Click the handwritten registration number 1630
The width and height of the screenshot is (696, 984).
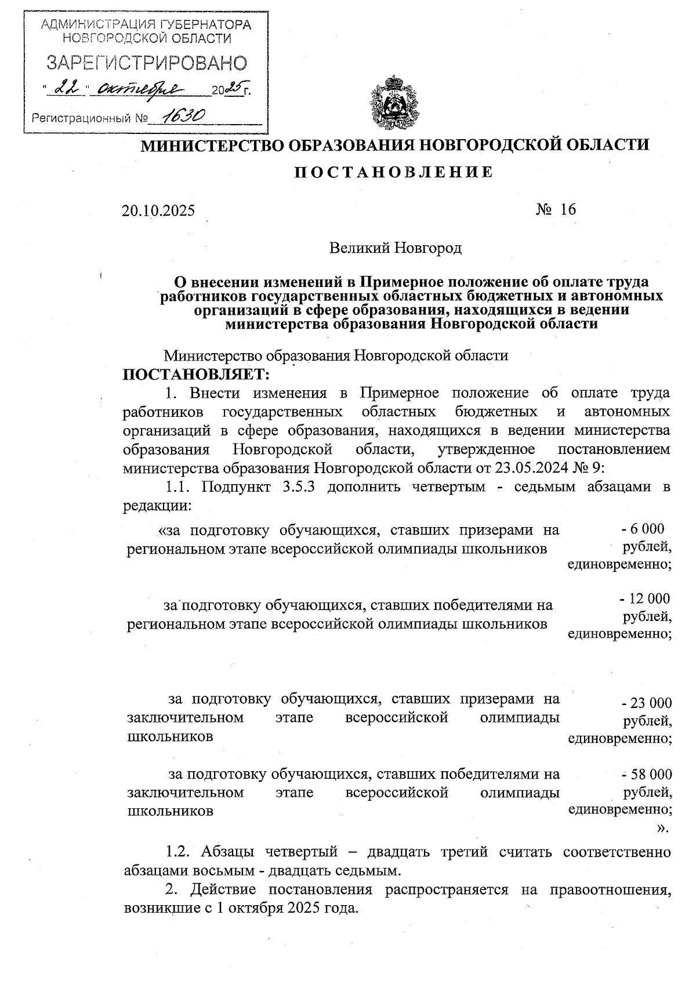[182, 118]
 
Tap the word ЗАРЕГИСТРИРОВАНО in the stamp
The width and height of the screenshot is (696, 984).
[147, 63]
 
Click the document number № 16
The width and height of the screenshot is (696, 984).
[556, 209]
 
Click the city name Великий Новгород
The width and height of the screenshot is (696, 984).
[395, 248]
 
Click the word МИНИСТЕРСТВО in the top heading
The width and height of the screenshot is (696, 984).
[212, 144]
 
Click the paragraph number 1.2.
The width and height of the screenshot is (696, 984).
[179, 852]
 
